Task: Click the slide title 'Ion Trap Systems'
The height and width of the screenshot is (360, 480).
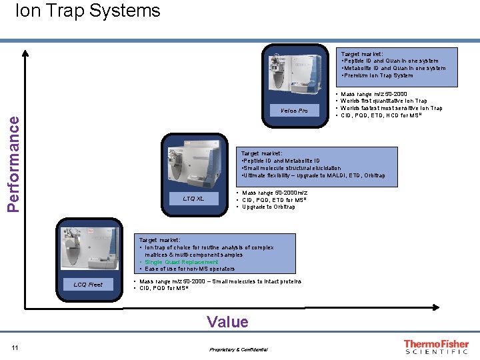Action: pos(87,11)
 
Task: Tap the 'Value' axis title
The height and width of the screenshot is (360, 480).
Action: pos(227,323)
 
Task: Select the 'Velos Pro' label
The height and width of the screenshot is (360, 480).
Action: pos(294,111)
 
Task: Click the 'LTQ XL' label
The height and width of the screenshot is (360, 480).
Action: pos(194,199)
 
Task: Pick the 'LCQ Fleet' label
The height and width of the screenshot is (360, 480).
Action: pos(88,285)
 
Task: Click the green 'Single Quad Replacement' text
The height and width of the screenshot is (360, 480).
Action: pos(181,262)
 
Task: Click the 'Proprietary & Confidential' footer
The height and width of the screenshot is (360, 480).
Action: pos(238,349)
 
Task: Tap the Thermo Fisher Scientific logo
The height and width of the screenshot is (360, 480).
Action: pos(436,347)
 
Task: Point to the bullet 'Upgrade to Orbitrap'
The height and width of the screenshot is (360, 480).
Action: pos(268,207)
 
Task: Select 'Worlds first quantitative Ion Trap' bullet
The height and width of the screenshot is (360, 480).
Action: pos(383,101)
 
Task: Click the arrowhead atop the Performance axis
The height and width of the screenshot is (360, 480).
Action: pos(25,53)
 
